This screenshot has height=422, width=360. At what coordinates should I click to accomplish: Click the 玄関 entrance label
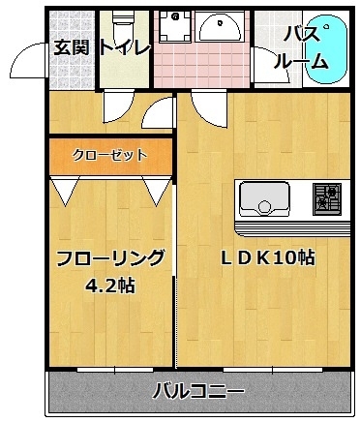click(x=71, y=47)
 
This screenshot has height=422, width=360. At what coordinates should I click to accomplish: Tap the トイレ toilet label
click(x=125, y=47)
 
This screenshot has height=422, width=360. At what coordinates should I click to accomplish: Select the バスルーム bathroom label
click(x=302, y=47)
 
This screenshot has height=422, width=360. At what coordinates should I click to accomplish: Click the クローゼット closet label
click(x=109, y=155)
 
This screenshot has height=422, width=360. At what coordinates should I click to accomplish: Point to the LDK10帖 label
click(x=267, y=258)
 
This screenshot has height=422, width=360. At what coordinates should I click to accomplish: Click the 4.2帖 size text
click(x=110, y=286)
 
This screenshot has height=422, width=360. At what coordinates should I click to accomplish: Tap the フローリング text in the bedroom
click(x=110, y=258)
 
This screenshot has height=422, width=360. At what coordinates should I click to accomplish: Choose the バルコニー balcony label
click(x=198, y=391)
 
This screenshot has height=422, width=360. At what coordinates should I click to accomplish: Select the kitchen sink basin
click(x=264, y=199)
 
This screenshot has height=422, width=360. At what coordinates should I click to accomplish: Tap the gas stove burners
click(x=327, y=198)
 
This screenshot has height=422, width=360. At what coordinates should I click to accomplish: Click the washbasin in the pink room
click(x=220, y=26)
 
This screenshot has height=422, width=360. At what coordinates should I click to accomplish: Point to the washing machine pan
click(x=174, y=26)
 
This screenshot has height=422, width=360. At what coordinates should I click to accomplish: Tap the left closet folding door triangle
click(x=65, y=191)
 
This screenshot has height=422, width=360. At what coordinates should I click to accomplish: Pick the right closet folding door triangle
click(x=157, y=191)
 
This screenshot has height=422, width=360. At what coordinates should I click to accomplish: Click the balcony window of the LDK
click(x=273, y=370)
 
